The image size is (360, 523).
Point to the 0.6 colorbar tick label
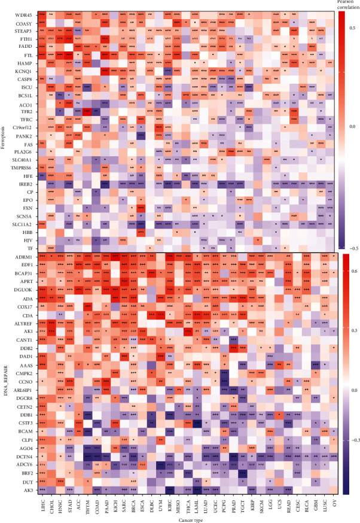pyautogui.click(x=353, y=270)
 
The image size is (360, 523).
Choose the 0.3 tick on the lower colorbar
pyautogui.click(x=353, y=330)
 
